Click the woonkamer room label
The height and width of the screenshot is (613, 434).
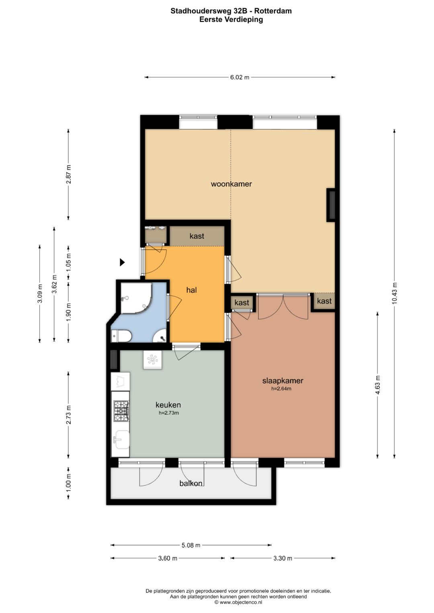click(x=231, y=184)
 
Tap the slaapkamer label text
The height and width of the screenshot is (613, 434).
click(x=283, y=381)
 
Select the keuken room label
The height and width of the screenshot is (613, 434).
click(x=168, y=405)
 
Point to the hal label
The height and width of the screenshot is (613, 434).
click(x=192, y=290)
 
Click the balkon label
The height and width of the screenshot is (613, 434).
click(x=191, y=484)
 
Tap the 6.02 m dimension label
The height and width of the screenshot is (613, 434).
click(x=240, y=77)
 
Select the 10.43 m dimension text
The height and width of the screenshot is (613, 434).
click(x=395, y=293)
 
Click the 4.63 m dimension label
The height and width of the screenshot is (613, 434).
click(x=378, y=385)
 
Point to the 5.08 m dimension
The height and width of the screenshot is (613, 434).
click(x=191, y=545)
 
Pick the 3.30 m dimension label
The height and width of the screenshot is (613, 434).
click(x=283, y=558)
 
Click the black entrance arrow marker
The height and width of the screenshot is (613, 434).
click(x=122, y=263)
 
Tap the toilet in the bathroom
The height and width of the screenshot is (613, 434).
click(x=121, y=336)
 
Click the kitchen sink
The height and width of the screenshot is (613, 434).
click(x=121, y=440)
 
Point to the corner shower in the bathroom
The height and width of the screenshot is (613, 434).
click(x=137, y=298)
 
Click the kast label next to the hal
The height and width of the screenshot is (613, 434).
click(x=197, y=236)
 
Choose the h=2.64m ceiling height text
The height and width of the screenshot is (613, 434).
click(x=281, y=388)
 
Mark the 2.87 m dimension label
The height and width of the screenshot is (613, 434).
click(x=68, y=174)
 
